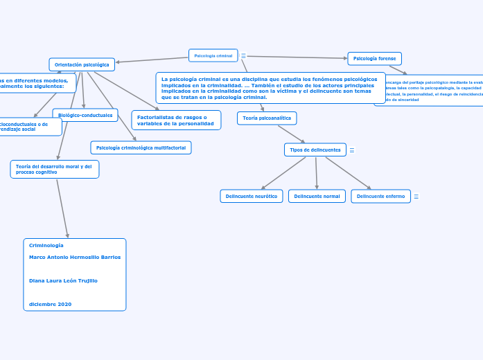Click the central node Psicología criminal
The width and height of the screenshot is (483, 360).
[x=213, y=55]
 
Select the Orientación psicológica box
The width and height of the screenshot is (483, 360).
[x=82, y=64]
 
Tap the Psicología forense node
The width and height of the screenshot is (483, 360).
[x=374, y=59]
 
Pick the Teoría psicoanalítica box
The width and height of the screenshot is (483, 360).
[x=267, y=118]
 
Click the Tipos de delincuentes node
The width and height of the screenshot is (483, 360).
[x=315, y=150]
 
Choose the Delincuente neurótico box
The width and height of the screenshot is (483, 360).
[x=251, y=197]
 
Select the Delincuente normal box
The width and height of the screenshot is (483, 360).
[x=317, y=197]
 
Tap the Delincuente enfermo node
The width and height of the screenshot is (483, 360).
[x=380, y=197]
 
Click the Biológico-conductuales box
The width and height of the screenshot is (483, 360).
[x=85, y=115]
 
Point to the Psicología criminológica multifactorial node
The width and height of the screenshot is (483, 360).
[x=141, y=147]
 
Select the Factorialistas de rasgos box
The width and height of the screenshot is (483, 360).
[x=176, y=120]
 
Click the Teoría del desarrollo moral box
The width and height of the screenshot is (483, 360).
[x=55, y=169]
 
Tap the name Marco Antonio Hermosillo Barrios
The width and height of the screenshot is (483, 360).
[x=75, y=257]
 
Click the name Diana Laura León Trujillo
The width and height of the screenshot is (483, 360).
[x=63, y=280]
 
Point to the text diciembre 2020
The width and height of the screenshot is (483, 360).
[x=50, y=304]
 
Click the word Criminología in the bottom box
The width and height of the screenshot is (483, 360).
[x=46, y=245]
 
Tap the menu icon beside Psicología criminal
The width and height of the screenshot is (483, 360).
[x=243, y=56]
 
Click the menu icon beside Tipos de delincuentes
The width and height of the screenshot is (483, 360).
[x=352, y=150]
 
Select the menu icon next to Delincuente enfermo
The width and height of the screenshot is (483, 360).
[x=416, y=197]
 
